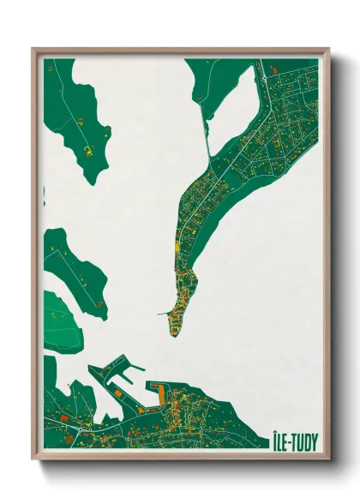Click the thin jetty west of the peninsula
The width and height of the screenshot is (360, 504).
coord(164,314)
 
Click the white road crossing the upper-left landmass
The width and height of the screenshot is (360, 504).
coord(69,111)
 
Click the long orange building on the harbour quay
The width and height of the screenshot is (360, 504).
coord(159,395)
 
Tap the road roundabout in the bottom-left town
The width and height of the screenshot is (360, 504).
coord(87,423)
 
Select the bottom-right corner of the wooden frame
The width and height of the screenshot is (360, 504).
coord(328,459)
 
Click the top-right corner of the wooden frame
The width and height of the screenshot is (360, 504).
coord(328,49)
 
